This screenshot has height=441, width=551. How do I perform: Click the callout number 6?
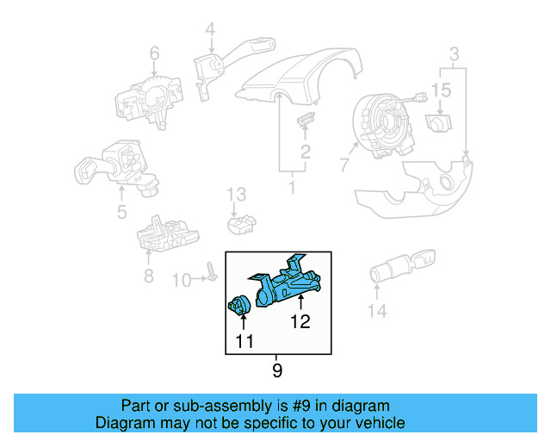pos(154,54)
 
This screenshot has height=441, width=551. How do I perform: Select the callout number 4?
pos(210,31)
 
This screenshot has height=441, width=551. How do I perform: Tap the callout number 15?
pos(441,90)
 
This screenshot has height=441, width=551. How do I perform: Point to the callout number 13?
pos(237,194)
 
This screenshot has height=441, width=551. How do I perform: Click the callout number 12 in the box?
pos(300,323)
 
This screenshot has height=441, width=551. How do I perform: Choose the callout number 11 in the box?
pos(244,343)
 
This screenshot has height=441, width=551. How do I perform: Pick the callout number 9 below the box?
pos(276,371)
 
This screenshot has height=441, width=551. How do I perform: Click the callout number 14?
pos(378,311)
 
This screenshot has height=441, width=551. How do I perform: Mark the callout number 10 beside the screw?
pos(180,280)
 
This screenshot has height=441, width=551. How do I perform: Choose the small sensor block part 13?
pos(240,224)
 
